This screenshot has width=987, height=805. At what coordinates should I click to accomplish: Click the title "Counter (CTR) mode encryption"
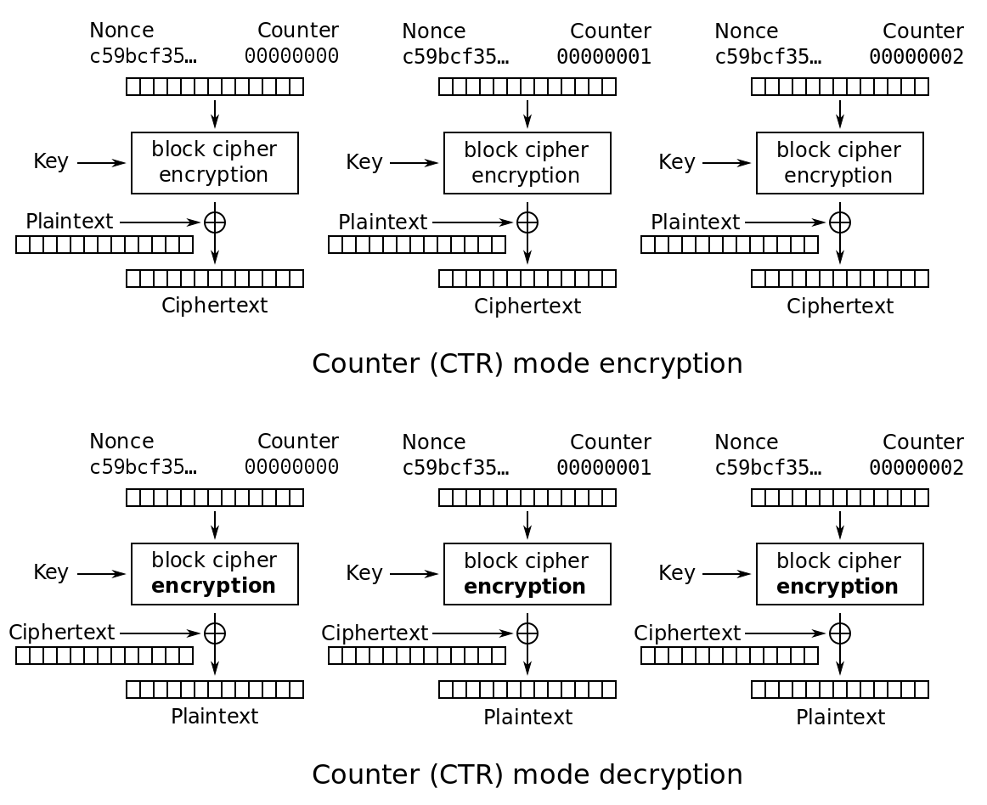click(527, 363)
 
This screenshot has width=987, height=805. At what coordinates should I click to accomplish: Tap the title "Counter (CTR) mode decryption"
click(527, 774)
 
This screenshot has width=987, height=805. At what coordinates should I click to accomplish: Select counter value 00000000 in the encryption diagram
click(291, 56)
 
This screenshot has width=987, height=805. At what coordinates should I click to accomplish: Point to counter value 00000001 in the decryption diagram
click(604, 468)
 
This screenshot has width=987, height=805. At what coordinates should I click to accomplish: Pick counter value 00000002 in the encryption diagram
click(916, 57)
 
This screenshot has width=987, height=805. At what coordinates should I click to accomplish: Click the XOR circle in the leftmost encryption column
click(215, 222)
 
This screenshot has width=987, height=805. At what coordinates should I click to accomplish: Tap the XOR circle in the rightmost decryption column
click(840, 633)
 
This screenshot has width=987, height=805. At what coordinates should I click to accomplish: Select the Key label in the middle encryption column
click(364, 162)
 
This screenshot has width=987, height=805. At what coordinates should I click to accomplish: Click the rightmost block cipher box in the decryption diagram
click(840, 574)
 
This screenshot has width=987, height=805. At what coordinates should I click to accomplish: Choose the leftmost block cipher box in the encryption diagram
click(215, 163)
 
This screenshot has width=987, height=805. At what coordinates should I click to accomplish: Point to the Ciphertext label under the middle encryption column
click(527, 306)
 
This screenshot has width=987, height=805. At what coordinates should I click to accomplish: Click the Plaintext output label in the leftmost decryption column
click(215, 716)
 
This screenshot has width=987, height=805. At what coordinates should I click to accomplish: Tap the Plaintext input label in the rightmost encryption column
click(695, 222)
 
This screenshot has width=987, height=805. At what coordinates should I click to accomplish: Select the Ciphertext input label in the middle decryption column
click(375, 633)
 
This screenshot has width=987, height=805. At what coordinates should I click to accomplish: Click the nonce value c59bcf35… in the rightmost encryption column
click(768, 57)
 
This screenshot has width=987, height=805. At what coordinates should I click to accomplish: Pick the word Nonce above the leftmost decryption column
click(121, 442)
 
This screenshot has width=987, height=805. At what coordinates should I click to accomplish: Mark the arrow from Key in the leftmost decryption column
click(101, 574)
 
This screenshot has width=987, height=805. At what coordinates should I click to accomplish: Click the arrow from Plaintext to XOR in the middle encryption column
click(473, 222)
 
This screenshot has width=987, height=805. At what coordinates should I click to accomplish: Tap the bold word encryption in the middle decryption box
click(525, 587)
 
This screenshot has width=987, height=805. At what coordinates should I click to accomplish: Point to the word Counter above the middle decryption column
click(611, 442)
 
